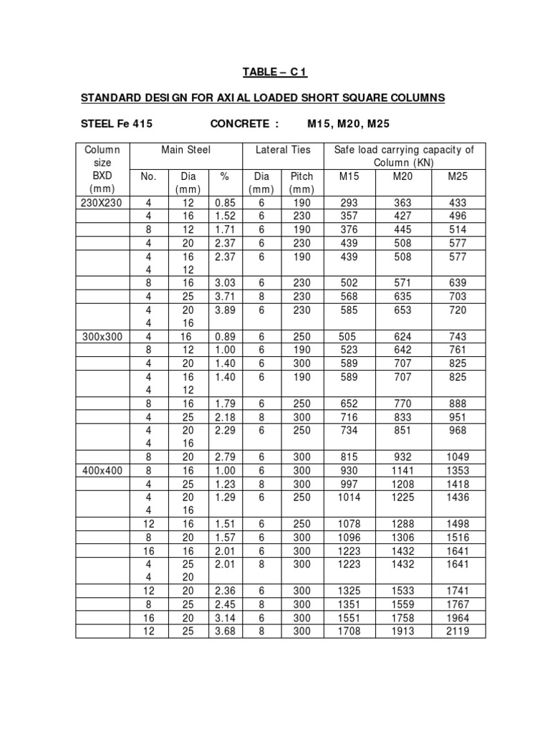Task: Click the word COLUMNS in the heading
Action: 405,97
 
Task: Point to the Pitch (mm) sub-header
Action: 301,183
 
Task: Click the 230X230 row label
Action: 103,203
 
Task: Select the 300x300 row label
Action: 103,336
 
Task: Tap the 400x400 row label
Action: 103,470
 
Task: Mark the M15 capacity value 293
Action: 349,203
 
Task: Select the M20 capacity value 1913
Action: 403,631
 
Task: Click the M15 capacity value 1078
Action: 349,524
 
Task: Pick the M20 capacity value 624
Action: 403,336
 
